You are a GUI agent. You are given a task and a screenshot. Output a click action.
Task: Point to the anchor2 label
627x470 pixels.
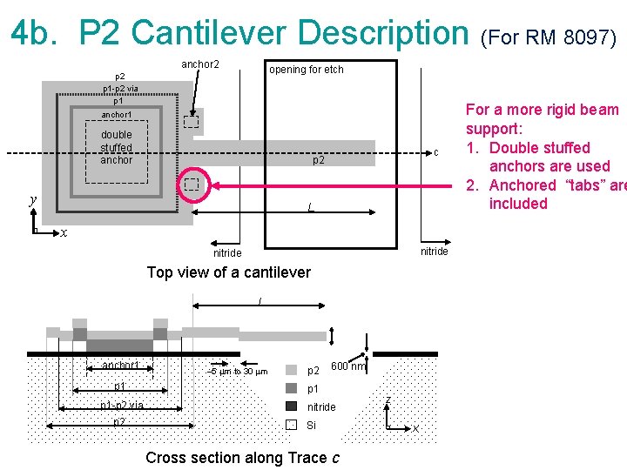pos(199,64)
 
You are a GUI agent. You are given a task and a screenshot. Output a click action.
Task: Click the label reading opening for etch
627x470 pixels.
pos(306,70)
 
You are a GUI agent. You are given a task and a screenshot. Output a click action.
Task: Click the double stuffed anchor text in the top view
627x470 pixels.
pos(117,147)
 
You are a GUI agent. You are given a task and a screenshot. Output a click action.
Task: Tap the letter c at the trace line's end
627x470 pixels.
pos(435,153)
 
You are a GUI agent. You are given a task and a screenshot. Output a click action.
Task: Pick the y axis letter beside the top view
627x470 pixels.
pos(33,200)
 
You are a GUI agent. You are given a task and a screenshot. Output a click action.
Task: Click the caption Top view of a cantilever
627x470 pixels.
pos(228,272)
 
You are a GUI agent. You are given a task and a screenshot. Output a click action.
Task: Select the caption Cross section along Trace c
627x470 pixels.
pos(242,458)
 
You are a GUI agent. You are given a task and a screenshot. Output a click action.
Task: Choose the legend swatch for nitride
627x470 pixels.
pos(291,406)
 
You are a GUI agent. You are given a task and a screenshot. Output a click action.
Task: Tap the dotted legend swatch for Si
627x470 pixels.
pos(291,425)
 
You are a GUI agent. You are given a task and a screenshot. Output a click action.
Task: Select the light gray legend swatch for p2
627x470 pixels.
pos(291,370)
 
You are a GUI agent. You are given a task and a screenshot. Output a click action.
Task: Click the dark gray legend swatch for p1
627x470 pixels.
pos(291,388)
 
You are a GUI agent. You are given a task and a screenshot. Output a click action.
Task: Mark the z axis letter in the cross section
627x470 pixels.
pos(388,399)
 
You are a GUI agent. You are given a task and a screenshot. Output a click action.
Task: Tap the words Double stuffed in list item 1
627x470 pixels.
pos(540,148)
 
